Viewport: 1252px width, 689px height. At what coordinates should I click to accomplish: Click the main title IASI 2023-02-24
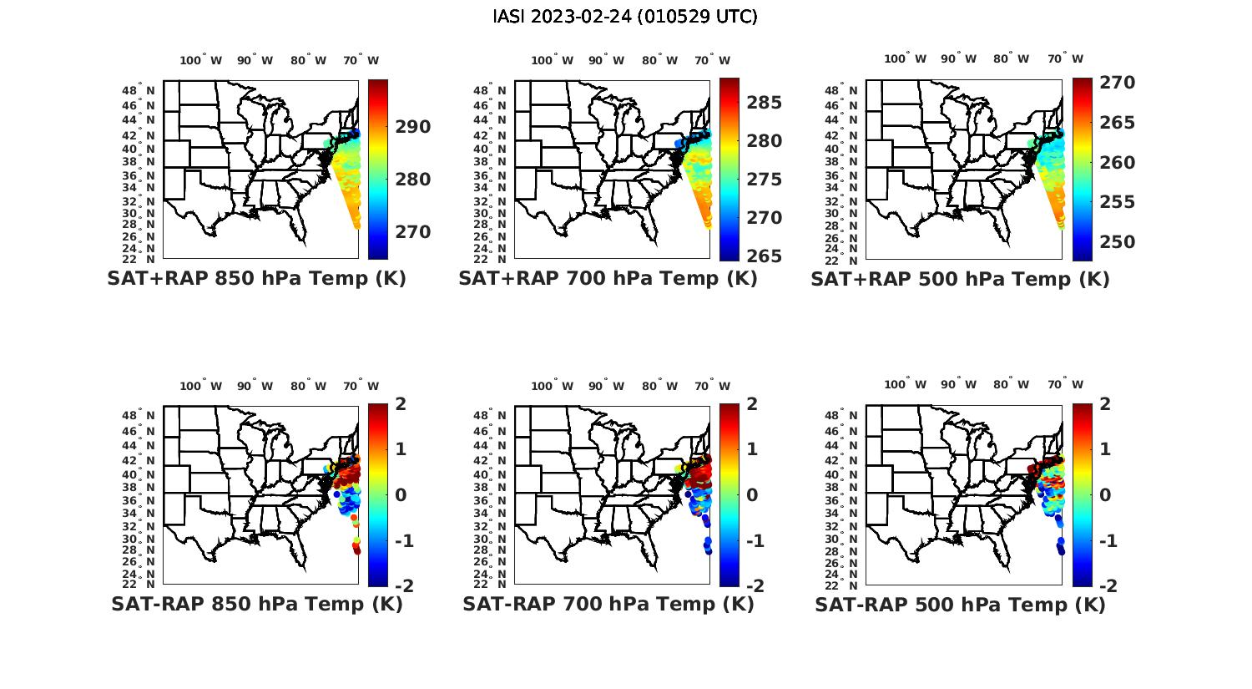(x=625, y=17)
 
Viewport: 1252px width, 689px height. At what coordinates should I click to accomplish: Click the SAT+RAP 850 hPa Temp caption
(x=256, y=279)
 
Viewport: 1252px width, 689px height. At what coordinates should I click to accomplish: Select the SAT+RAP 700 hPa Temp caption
(x=608, y=279)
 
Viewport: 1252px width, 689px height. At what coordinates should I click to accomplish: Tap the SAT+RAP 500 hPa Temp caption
(x=960, y=279)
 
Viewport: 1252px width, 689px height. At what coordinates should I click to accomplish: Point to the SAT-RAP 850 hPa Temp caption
(x=256, y=605)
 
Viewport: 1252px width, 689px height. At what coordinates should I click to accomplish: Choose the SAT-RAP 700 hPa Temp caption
(x=608, y=605)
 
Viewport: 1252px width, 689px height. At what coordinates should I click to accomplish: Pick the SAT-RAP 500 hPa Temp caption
(x=960, y=605)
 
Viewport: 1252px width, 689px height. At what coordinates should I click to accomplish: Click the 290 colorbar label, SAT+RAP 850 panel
(x=413, y=127)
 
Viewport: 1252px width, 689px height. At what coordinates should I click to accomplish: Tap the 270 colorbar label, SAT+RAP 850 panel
(x=413, y=232)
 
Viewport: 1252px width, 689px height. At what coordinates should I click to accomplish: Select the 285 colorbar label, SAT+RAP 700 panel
(x=764, y=103)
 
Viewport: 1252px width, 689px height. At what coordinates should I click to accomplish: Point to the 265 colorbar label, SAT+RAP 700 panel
(x=764, y=256)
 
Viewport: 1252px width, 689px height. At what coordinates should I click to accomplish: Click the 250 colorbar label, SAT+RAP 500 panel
(x=1117, y=242)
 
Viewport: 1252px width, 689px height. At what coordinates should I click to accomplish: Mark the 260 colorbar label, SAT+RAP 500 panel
(x=1117, y=163)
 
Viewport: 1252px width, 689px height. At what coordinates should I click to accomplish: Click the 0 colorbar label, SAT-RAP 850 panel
(x=401, y=495)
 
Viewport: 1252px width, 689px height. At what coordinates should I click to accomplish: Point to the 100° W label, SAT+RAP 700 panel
(x=553, y=60)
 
